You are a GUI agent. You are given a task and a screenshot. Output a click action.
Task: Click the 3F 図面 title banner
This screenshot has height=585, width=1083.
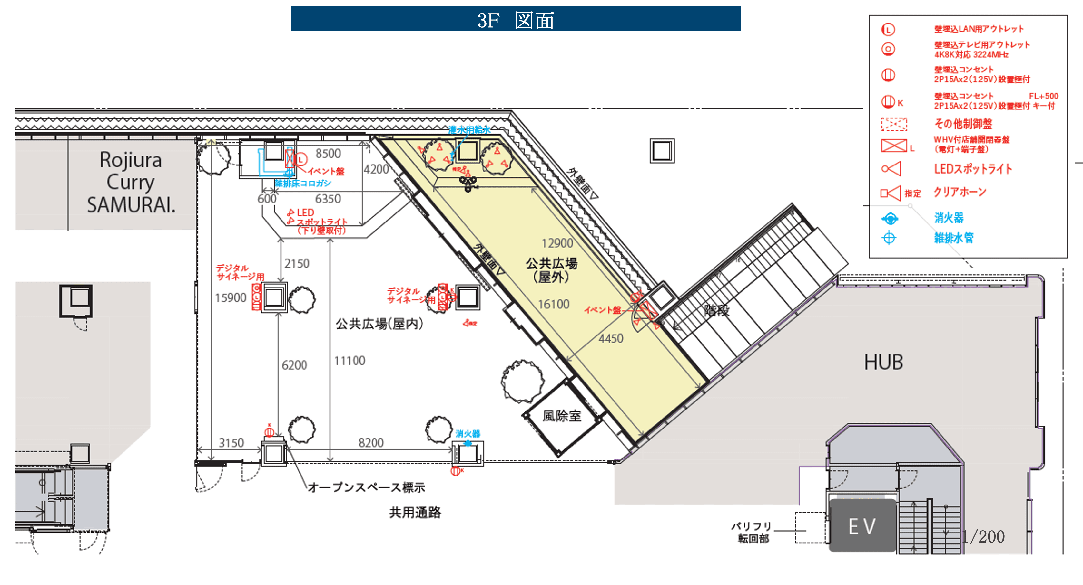click(516, 19)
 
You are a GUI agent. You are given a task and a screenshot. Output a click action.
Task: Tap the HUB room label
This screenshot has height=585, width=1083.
click(883, 362)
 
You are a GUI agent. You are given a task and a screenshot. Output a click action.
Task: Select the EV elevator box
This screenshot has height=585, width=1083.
click(862, 526)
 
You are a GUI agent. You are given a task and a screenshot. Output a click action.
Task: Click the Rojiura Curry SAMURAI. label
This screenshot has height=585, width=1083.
click(131, 182)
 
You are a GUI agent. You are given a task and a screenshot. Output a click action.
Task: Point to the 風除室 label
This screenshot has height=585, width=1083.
click(562, 416)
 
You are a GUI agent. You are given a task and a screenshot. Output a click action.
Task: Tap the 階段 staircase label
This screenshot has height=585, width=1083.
click(716, 311)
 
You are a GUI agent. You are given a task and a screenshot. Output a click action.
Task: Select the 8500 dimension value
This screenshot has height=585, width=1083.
click(328, 154)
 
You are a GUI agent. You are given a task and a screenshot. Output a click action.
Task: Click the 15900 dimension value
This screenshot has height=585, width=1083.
click(231, 298)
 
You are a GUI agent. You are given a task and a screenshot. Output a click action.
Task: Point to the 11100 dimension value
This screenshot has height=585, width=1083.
click(350, 361)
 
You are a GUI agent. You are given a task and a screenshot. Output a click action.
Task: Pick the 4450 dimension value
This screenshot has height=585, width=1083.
click(611, 338)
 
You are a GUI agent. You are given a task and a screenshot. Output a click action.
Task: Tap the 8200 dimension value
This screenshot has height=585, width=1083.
click(371, 443)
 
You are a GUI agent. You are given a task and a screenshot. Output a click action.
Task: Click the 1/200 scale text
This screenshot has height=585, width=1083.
click(984, 536)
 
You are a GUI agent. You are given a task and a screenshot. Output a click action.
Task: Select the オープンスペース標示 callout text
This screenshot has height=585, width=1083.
click(366, 487)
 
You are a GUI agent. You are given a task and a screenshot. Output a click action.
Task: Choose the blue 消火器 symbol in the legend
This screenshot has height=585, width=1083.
click(890, 218)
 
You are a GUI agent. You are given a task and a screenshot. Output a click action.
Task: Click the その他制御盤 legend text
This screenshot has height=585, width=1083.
click(963, 124)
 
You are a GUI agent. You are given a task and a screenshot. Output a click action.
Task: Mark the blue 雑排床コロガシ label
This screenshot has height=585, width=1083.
click(303, 183)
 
